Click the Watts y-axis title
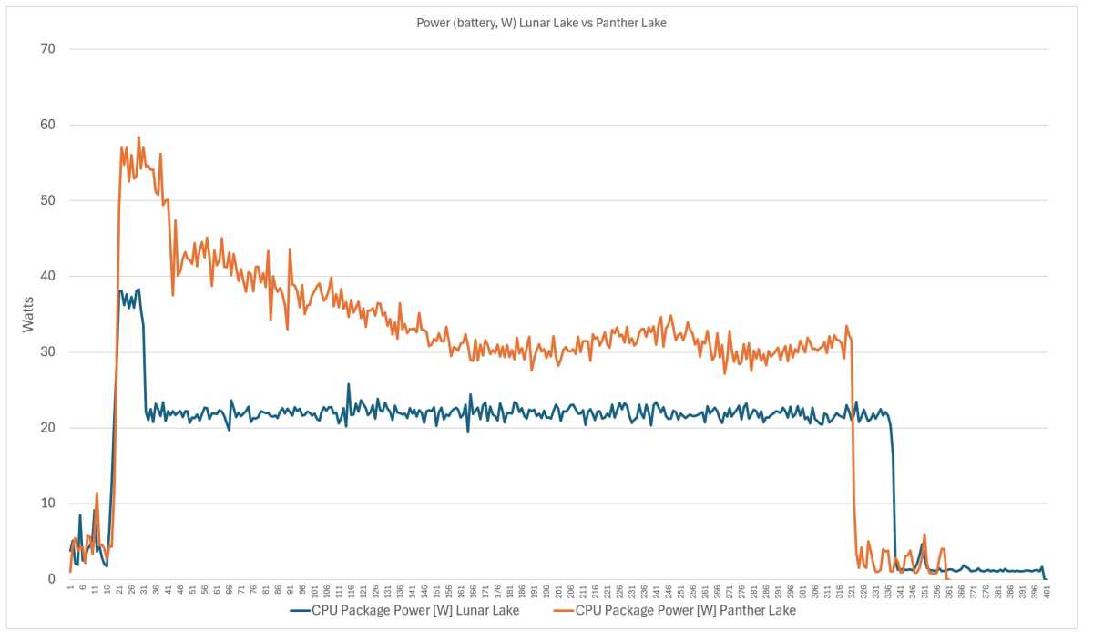30,313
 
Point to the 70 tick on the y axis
47,49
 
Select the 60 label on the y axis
47,125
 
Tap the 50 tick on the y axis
47,200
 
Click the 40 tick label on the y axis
47,276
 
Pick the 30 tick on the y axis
47,352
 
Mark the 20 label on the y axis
47,428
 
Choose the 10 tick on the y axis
47,504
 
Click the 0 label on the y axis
51,579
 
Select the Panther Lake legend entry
686,610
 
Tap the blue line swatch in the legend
300,610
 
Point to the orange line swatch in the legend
564,610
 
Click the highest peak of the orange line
138,137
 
